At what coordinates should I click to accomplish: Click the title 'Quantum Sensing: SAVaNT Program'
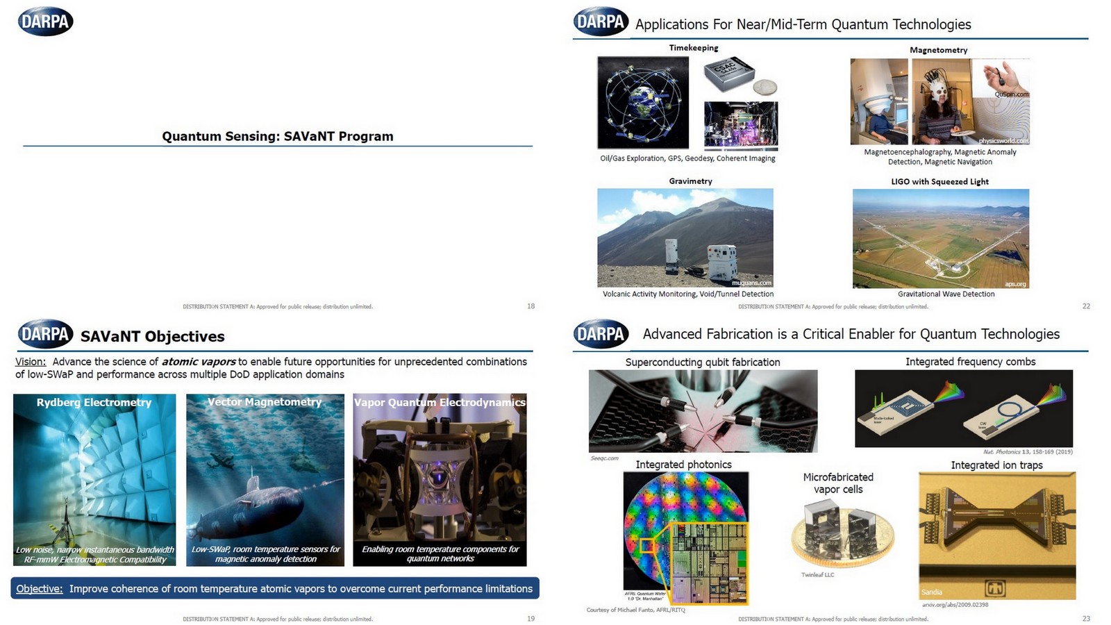tap(278, 136)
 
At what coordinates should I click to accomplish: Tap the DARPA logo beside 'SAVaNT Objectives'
tap(45, 334)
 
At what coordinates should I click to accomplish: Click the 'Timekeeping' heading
tap(693, 48)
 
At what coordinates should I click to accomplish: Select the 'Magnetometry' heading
tap(938, 50)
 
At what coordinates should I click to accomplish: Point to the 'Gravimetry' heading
tap(690, 181)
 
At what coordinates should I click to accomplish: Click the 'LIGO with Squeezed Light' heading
tap(939, 181)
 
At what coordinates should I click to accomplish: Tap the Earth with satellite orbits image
tap(643, 102)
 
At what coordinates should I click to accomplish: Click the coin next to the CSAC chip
tap(765, 86)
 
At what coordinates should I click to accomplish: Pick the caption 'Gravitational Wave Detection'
tap(946, 294)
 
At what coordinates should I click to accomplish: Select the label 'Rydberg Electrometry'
tap(94, 402)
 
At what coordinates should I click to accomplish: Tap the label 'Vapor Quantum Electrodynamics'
tap(440, 402)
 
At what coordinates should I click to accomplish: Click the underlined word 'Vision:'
tap(31, 362)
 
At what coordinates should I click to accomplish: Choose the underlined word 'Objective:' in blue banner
tap(40, 589)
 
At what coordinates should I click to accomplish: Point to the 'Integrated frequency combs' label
tap(970, 362)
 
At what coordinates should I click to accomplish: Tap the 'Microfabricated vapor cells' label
tap(838, 483)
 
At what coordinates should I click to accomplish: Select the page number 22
tap(1086, 306)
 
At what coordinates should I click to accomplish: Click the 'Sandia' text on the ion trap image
tap(932, 592)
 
